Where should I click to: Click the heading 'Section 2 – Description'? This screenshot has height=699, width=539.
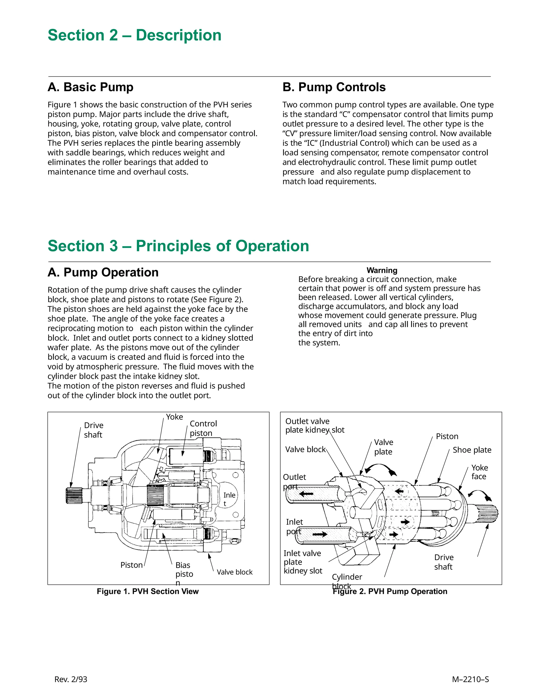[134, 35]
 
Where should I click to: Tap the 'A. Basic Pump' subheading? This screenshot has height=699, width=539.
[91, 87]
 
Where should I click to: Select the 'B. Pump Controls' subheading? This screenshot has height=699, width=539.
[334, 87]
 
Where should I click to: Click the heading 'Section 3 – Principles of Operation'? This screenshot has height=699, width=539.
[178, 246]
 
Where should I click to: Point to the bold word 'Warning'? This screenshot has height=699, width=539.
[382, 270]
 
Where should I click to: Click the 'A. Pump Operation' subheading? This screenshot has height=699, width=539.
[103, 272]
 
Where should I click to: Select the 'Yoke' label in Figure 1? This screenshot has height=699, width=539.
[174, 417]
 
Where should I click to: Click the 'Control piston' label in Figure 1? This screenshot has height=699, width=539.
[203, 428]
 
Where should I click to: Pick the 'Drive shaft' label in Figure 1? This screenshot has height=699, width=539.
[93, 430]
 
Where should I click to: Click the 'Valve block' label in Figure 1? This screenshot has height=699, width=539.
[234, 572]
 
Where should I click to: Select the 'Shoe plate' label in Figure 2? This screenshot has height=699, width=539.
[472, 450]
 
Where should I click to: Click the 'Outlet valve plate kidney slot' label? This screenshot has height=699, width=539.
[315, 425]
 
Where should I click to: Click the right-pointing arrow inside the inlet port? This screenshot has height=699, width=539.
[320, 534]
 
